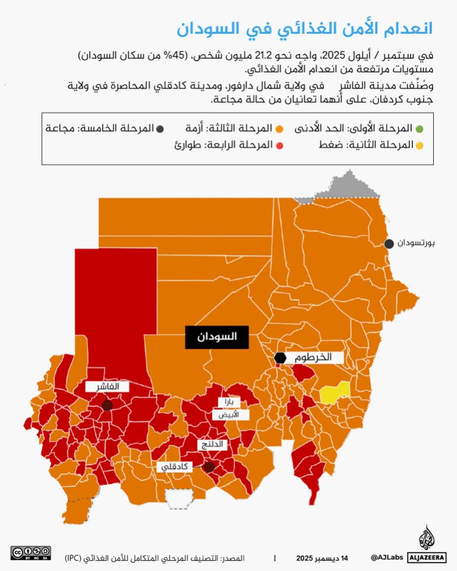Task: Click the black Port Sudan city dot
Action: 389,244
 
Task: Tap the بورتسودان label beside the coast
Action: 417,244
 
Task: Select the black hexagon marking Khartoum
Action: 281,358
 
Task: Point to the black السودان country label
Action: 217,337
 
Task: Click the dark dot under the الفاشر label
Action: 107,406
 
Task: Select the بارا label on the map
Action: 228,402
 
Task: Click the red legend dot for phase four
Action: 280,145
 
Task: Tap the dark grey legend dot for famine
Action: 160,128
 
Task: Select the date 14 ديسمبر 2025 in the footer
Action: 322,558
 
